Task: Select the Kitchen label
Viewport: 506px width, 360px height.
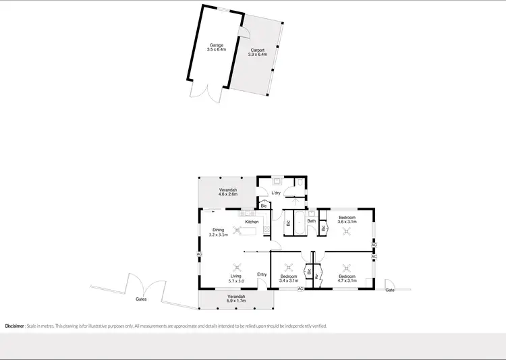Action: pyautogui.click(x=252, y=222)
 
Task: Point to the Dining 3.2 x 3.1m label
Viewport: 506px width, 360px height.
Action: pyautogui.click(x=219, y=233)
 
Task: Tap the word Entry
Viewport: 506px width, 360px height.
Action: pyautogui.click(x=262, y=274)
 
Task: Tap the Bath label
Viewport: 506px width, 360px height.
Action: pyautogui.click(x=312, y=220)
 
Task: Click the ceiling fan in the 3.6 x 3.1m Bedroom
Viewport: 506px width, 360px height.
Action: pyautogui.click(x=347, y=232)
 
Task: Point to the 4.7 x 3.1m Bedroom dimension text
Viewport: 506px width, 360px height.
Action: pyautogui.click(x=347, y=281)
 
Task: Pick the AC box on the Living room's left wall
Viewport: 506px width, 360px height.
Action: pyautogui.click(x=199, y=253)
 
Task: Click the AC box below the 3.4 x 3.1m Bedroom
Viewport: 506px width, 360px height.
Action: pyautogui.click(x=300, y=289)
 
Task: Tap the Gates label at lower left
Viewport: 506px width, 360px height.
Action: pyautogui.click(x=141, y=299)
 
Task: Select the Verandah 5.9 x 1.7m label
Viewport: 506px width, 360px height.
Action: pyautogui.click(x=236, y=299)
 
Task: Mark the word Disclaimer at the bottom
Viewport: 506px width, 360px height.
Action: pyautogui.click(x=15, y=326)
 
